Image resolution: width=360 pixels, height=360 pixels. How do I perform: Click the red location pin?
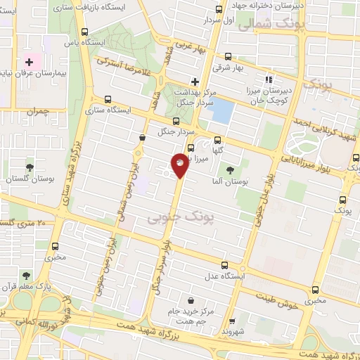pyautogui.click(x=180, y=164)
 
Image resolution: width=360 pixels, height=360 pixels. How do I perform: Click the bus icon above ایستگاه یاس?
pyautogui.click(x=85, y=32)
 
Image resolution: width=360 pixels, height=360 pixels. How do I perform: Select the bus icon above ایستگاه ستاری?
pyautogui.click(x=107, y=99)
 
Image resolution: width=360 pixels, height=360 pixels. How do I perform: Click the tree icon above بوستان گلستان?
pyautogui.click(x=29, y=167)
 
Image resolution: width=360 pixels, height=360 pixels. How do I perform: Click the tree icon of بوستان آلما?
pyautogui.click(x=230, y=170)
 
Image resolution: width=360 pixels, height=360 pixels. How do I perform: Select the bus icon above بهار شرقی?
pyautogui.click(x=228, y=57)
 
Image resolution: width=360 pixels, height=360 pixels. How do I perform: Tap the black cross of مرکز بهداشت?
pyautogui.click(x=195, y=81)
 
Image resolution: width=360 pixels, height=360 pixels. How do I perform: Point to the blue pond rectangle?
pyautogui.click(x=222, y=110)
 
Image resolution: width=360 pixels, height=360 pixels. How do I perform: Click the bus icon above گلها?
pyautogui.click(x=217, y=139)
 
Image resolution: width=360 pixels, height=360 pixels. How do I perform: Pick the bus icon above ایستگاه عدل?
pyautogui.click(x=224, y=265)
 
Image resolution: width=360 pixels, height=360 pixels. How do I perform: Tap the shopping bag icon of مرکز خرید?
pyautogui.click(x=191, y=299)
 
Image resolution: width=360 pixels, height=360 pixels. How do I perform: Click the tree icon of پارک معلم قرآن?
pyautogui.click(x=26, y=276)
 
